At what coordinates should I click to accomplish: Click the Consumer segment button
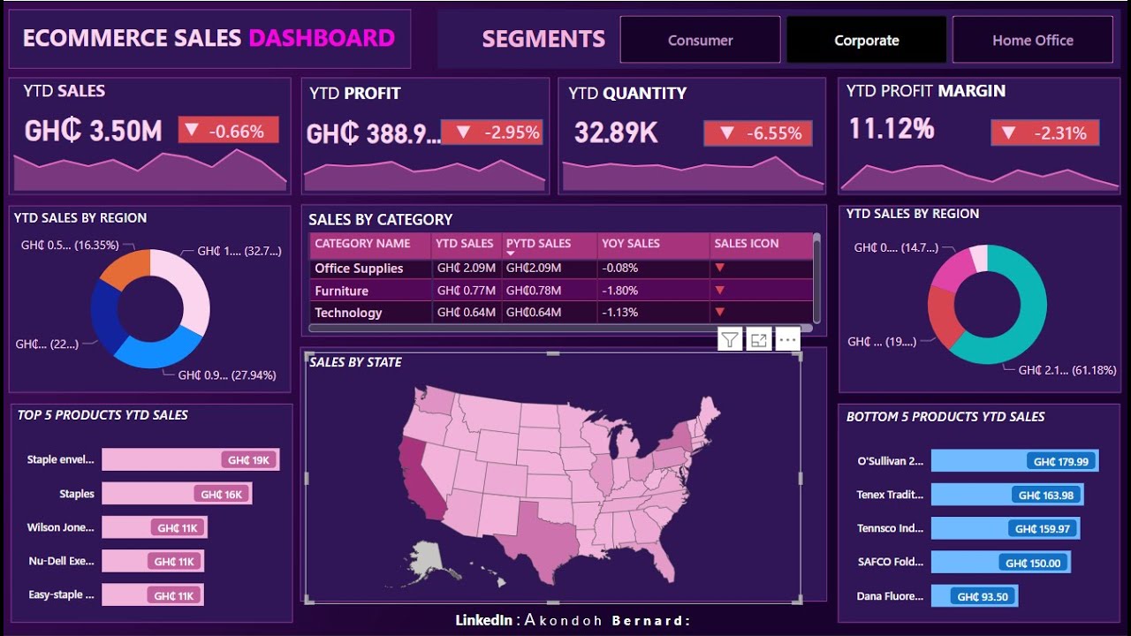[700, 41]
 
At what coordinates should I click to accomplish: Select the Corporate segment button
[866, 41]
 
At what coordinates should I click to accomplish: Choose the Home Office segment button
[1032, 41]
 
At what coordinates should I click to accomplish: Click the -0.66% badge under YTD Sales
[228, 132]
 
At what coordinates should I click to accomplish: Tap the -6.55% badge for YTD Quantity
[757, 133]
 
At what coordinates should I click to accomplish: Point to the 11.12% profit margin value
[892, 130]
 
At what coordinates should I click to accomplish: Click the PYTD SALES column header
[539, 244]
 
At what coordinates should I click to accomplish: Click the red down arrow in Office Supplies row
[720, 268]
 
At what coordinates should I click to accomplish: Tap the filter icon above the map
[730, 339]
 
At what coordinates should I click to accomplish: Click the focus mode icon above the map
[758, 339]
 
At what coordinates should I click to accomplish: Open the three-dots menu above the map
[787, 339]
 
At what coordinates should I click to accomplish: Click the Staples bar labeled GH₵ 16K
[177, 494]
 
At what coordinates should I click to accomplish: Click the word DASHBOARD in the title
[322, 38]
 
